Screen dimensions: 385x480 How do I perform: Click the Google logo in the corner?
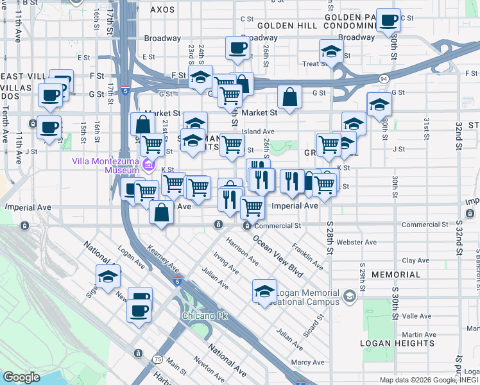click(21, 377)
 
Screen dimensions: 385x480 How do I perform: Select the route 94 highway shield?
click(382, 78)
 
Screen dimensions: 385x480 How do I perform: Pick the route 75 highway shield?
click(157, 359)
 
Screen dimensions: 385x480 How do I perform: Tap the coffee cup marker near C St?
click(388, 21)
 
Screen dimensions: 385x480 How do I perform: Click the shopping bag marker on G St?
click(289, 98)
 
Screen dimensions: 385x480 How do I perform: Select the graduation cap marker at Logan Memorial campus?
click(264, 291)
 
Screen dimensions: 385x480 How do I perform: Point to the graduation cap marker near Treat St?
click(330, 51)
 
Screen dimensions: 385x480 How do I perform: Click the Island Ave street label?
click(259, 132)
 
